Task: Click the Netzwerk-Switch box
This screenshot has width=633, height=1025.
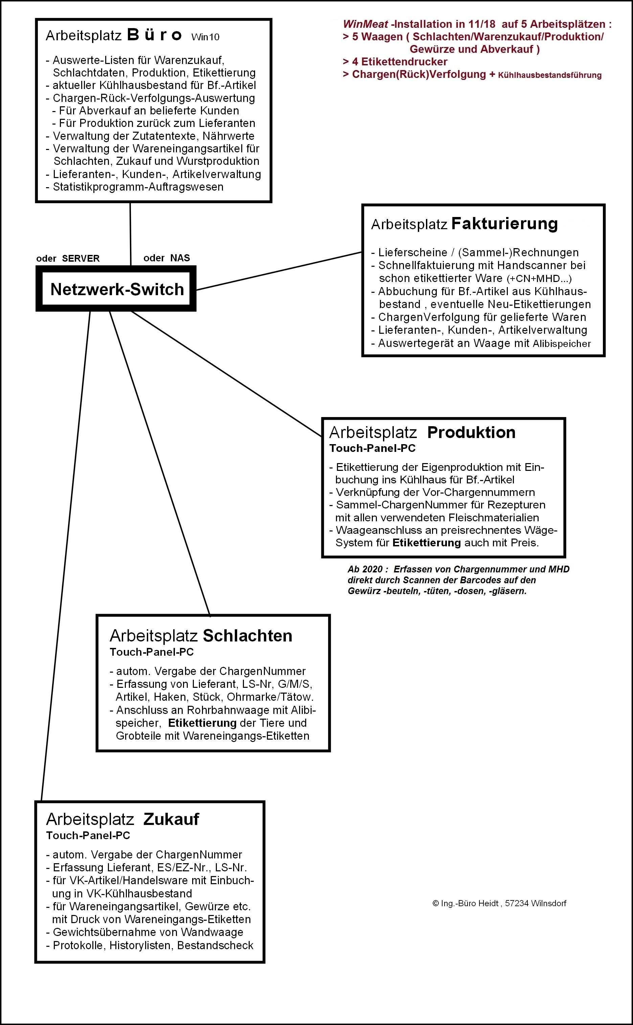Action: coord(116,289)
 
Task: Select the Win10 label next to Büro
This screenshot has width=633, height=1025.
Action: coord(205,37)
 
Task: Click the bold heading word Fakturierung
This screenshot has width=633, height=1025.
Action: coord(504,224)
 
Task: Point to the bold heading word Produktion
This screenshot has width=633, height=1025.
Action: coord(471,433)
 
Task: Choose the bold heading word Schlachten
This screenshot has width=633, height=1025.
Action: coord(247,636)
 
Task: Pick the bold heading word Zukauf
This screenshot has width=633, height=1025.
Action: coord(171,819)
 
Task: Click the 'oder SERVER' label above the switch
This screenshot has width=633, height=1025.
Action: coord(68,258)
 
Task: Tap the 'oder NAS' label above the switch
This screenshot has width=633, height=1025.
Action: coord(166,258)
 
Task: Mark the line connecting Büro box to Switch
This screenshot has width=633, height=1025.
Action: coord(130,234)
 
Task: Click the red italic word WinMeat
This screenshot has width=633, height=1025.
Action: coord(365,24)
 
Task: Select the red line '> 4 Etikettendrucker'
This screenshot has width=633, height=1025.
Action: coord(395,62)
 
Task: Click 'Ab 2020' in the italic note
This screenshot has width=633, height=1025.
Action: coord(365,569)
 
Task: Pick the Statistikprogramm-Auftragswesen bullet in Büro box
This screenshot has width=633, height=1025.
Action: coord(138,187)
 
